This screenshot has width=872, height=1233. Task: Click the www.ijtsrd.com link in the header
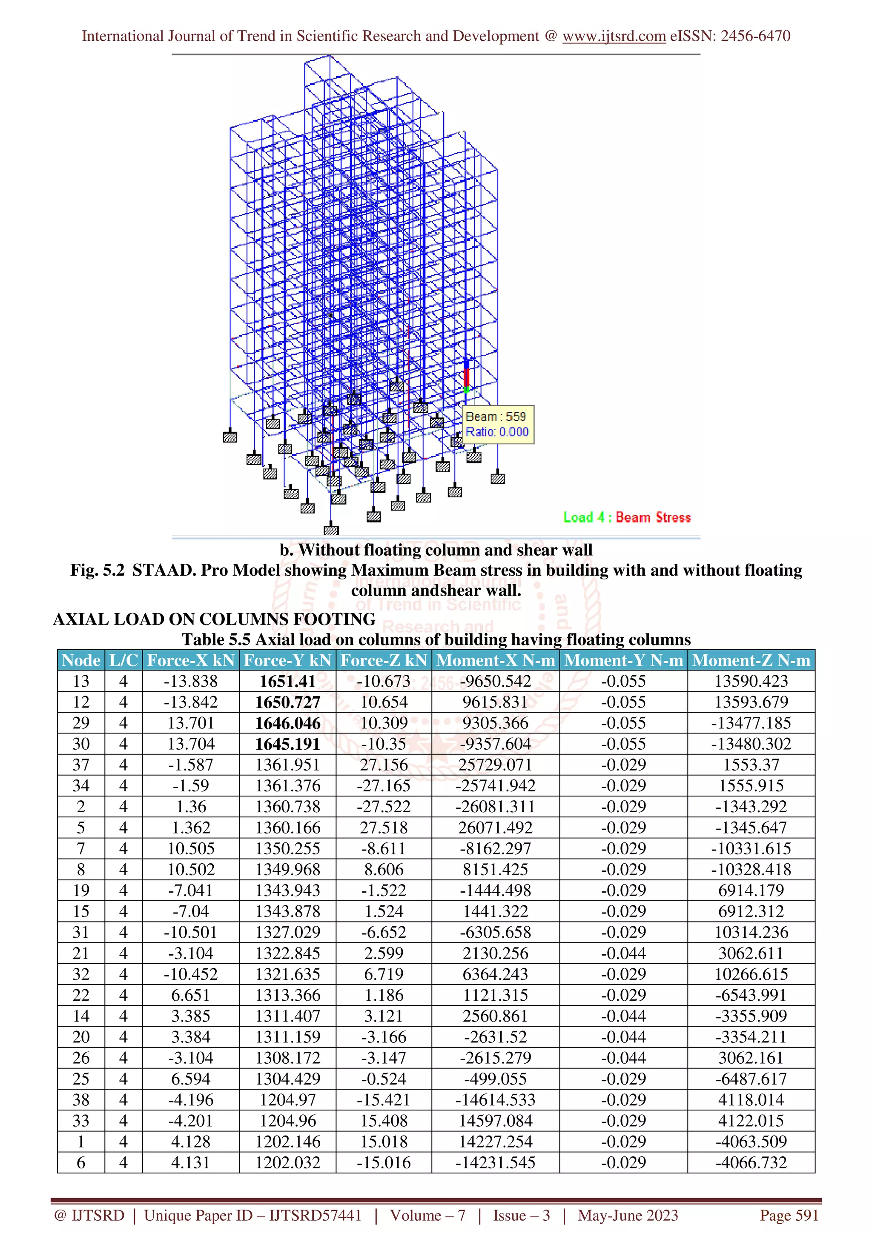tap(614, 36)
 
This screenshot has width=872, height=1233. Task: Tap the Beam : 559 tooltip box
tap(497, 424)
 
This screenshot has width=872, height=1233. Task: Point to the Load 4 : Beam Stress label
tap(626, 517)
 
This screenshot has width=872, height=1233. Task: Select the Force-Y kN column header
tap(287, 660)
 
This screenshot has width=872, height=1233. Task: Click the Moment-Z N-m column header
tap(751, 660)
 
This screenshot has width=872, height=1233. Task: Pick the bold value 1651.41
tap(287, 681)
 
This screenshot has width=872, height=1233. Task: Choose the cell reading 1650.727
tap(287, 702)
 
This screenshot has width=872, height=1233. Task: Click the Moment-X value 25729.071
tap(495, 765)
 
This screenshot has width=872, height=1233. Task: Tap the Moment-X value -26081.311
tap(495, 807)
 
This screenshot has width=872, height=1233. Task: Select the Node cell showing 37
tap(81, 765)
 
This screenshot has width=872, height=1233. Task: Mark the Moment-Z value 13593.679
tap(751, 702)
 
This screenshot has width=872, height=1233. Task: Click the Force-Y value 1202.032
tap(287, 1163)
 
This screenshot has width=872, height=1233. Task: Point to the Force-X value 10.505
tap(191, 848)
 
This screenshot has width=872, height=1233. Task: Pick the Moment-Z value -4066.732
tap(751, 1163)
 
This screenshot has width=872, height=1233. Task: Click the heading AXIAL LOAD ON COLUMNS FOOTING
tap(214, 619)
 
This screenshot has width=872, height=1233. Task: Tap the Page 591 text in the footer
tap(789, 1215)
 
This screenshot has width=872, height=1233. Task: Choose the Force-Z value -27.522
tap(384, 807)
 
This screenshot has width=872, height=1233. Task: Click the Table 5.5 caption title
tap(436, 639)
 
